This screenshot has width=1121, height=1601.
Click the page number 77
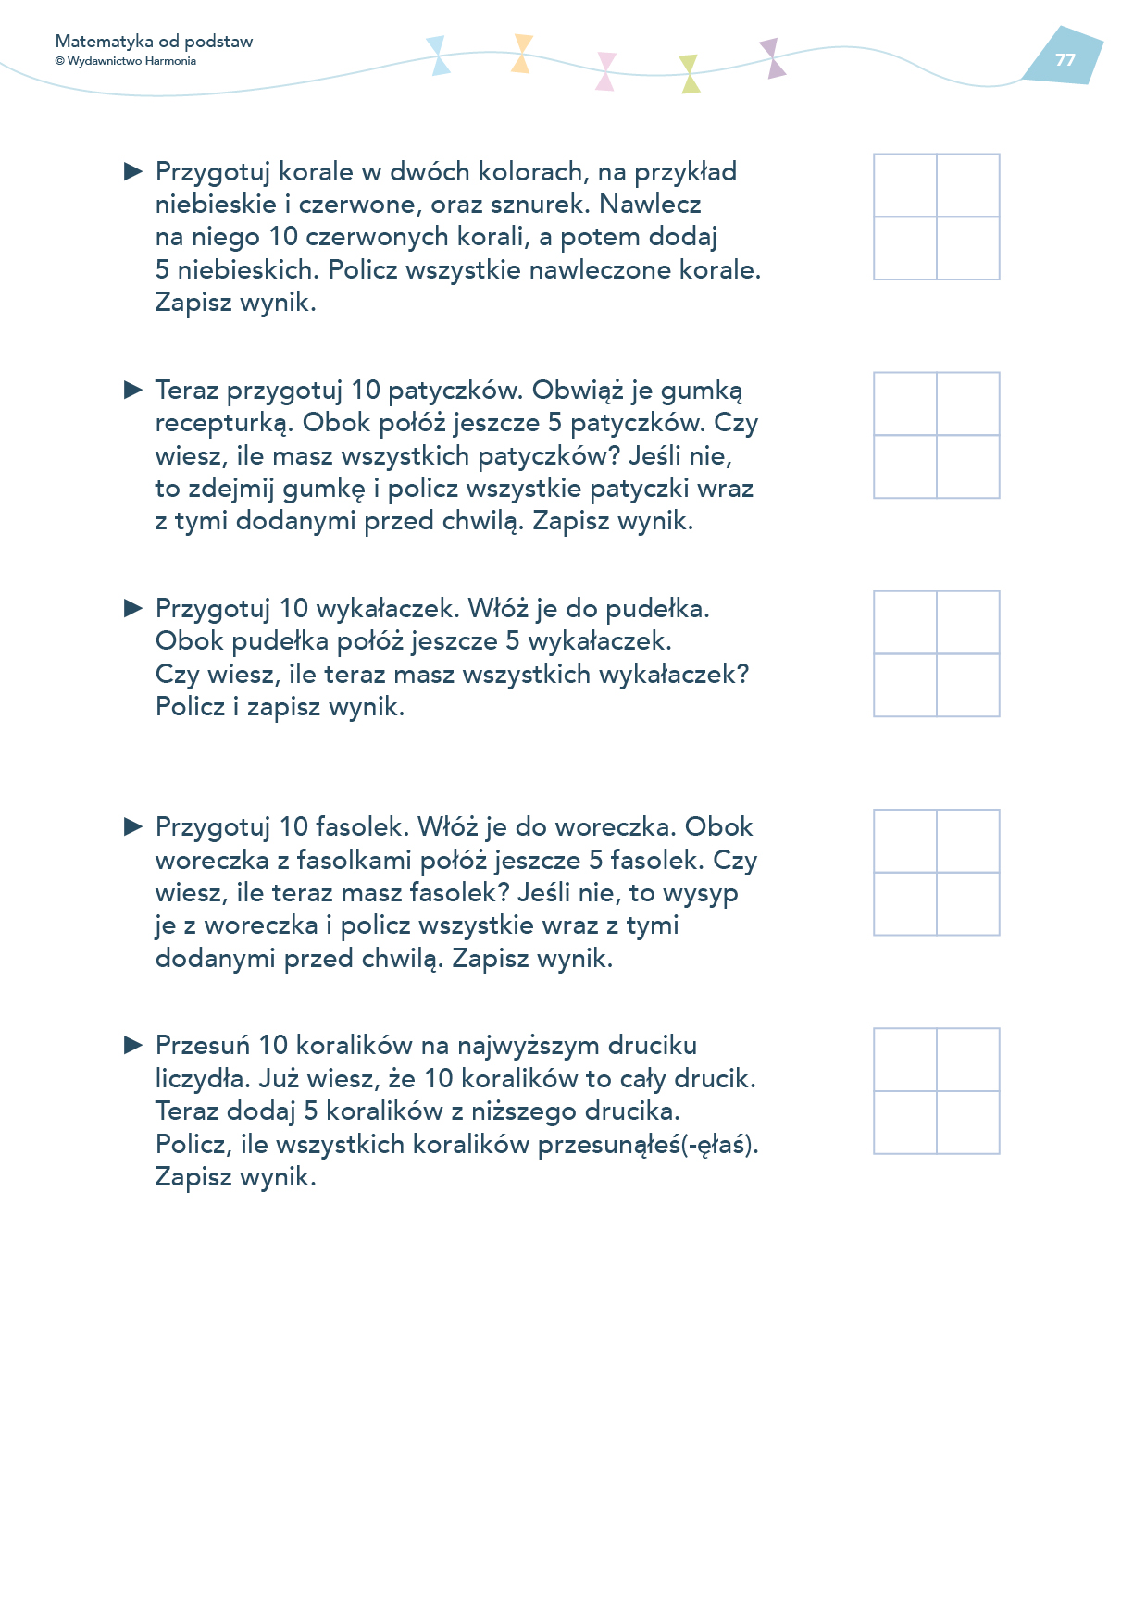[1065, 59]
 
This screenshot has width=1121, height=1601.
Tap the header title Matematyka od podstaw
[154, 42]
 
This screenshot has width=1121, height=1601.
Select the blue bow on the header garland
[438, 56]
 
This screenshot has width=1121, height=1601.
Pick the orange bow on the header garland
[522, 54]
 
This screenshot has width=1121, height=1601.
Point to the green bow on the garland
[690, 74]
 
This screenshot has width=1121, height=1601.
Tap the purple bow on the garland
[772, 58]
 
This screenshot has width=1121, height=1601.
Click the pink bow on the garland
[605, 71]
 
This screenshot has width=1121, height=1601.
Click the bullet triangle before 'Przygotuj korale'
[133, 171]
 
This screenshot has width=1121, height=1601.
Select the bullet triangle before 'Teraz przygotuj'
[133, 390]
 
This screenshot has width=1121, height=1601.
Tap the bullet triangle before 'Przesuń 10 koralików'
[133, 1045]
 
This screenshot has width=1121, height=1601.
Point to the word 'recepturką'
[222, 423]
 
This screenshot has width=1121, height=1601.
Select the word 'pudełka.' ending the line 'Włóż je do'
[657, 609]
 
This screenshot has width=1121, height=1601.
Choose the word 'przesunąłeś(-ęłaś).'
[648, 1145]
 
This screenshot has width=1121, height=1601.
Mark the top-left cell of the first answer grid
[905, 185]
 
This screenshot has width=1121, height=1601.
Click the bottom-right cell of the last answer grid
[968, 1123]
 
